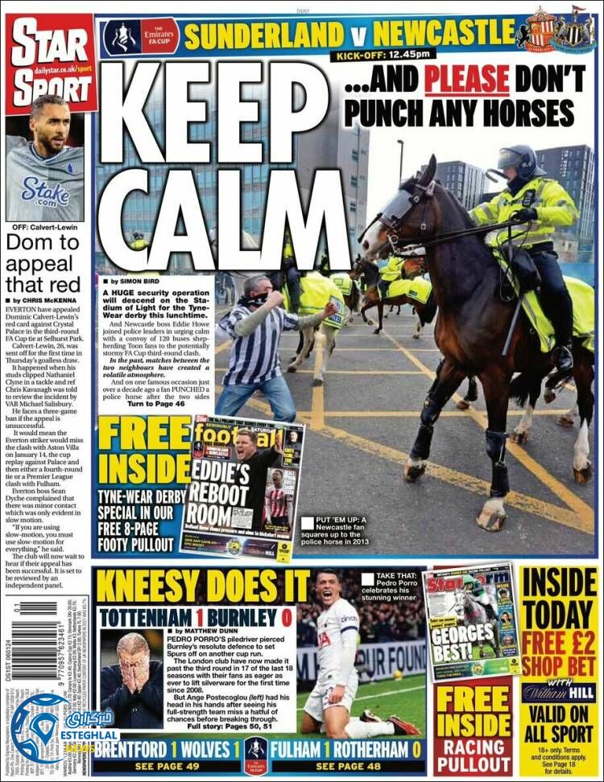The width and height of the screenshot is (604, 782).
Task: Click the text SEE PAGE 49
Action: click(x=167, y=766)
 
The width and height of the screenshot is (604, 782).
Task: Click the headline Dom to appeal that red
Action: click(x=45, y=263)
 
